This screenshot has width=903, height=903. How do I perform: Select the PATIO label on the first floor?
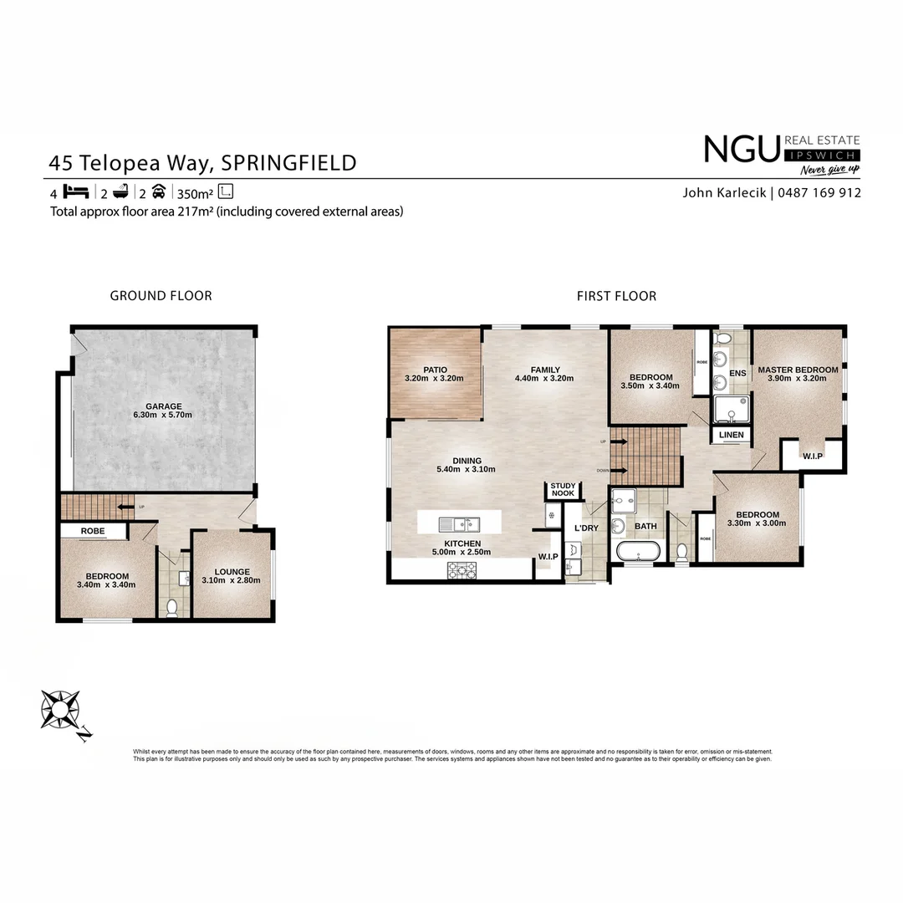click(x=435, y=370)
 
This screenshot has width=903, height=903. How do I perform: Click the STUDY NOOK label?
click(x=562, y=489)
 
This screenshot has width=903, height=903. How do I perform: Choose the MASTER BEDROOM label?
click(x=798, y=370)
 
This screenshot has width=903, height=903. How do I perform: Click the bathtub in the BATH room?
click(x=637, y=552)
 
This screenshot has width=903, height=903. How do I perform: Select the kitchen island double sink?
click(x=459, y=524)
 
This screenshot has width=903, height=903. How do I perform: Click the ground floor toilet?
click(x=172, y=607)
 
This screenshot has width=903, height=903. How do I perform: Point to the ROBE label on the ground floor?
click(x=92, y=531)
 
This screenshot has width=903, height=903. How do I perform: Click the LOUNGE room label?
click(x=232, y=572)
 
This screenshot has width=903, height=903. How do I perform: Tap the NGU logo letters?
click(x=741, y=150)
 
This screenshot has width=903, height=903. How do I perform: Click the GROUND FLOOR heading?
click(x=161, y=295)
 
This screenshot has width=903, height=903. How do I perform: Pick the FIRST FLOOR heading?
click(x=616, y=295)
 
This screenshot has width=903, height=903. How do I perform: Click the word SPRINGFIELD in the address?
click(x=288, y=161)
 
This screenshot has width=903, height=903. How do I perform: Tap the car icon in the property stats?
click(x=158, y=191)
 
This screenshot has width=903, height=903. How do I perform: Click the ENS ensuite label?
click(x=737, y=373)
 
